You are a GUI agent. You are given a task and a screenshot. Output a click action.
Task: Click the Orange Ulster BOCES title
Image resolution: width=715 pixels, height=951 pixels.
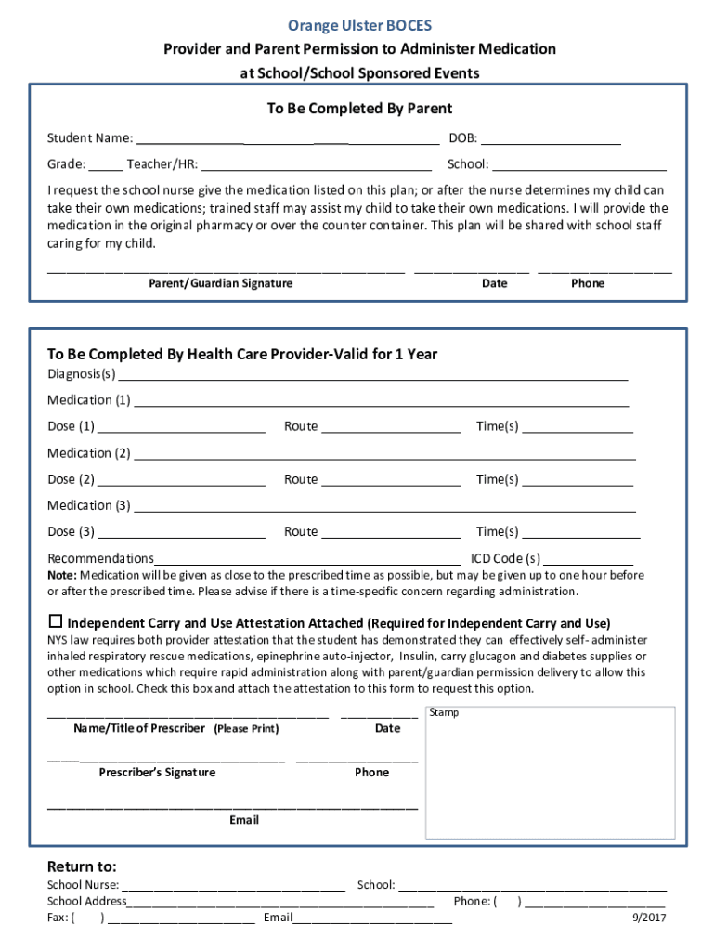[358, 25]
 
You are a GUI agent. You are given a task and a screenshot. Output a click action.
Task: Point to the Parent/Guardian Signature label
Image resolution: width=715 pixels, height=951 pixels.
[221, 283]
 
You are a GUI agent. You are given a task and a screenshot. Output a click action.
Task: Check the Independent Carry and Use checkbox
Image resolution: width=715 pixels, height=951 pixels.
[55, 621]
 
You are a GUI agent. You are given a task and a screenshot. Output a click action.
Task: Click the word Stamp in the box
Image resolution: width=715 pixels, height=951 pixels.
[444, 713]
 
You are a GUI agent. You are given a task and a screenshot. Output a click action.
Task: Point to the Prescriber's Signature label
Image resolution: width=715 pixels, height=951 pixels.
[157, 773]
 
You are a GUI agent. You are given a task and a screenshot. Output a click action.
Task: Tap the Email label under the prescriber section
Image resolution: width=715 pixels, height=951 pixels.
[244, 820]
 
